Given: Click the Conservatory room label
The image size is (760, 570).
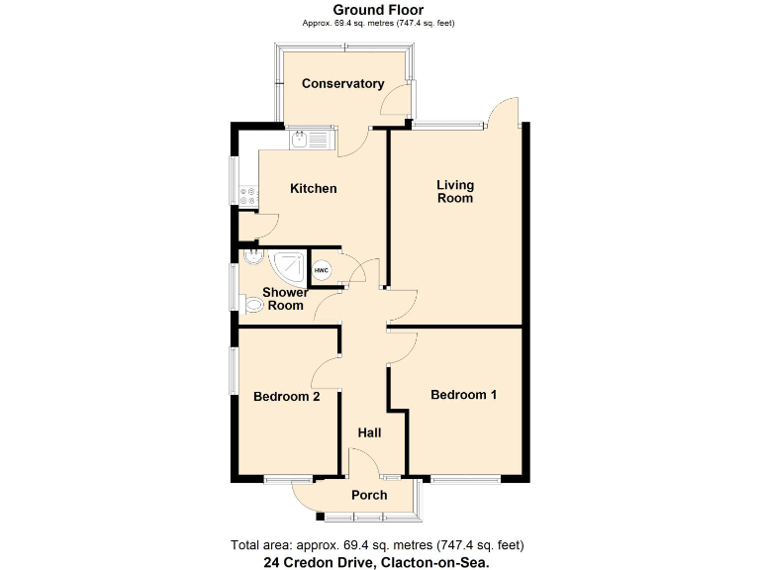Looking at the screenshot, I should tap(342, 83).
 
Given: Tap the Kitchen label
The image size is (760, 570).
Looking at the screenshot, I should tap(313, 188).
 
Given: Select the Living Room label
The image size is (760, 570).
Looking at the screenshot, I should tap(455, 191).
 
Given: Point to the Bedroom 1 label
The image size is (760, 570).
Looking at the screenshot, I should tap(463, 395).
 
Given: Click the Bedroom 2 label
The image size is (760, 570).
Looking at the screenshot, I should tap(286, 397).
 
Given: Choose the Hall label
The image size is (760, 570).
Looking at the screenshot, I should tap(369, 432).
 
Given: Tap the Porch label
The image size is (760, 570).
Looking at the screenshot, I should tap(369, 495).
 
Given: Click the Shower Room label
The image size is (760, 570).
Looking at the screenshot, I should tap(285, 299).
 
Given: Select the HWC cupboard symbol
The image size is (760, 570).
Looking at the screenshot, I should tap(322, 269).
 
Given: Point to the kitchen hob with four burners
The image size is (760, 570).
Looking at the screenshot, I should tap(247, 197).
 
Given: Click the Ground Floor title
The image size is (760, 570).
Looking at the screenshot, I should tap(379, 10).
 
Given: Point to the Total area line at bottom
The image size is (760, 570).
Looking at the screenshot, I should tap(377, 544).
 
